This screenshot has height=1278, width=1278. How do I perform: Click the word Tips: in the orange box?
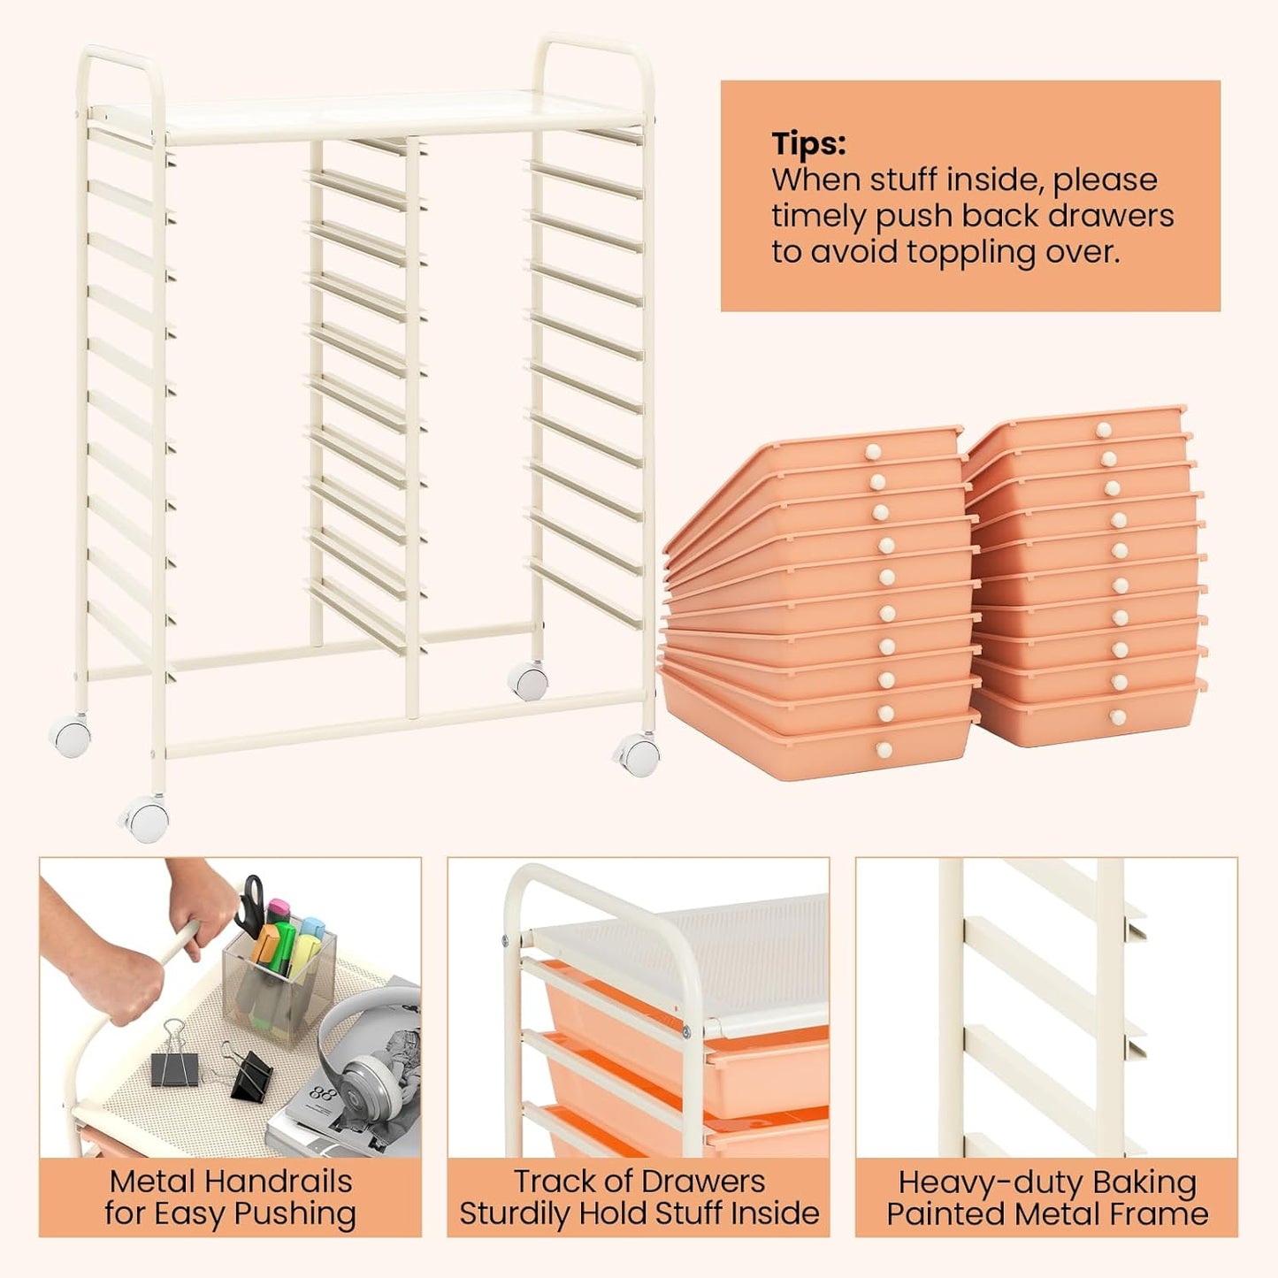807,143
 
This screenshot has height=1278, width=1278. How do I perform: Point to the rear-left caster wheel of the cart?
71,736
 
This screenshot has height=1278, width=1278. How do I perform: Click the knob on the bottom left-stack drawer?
883,750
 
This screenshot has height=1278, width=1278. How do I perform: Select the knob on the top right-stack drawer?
1103,430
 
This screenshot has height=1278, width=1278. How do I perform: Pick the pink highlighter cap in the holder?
279,909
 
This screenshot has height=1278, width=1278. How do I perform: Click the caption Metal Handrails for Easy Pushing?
230,1198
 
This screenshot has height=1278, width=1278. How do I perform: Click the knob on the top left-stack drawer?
873,452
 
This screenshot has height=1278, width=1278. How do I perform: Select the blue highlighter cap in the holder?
311,927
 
